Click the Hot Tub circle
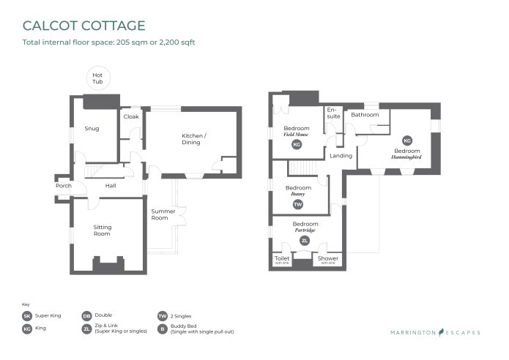coord(97,78)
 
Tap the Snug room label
coord(92,129)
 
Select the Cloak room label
coord(131,116)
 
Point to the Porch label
coord(64,186)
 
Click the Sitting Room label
coord(103,230)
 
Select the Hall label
coord(111,186)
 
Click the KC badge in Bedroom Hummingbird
coord(408,140)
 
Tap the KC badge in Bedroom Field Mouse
coord(297,145)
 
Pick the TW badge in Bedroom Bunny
coord(297,204)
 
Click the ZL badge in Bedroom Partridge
coord(305,240)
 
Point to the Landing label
coord(341,156)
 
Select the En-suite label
coord(333,114)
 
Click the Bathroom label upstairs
coord(365,115)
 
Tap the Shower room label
coord(327,258)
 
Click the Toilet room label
coord(282,258)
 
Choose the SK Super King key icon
coord(27,315)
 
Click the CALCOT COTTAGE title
coord(84,26)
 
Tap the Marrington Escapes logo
coord(435,332)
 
